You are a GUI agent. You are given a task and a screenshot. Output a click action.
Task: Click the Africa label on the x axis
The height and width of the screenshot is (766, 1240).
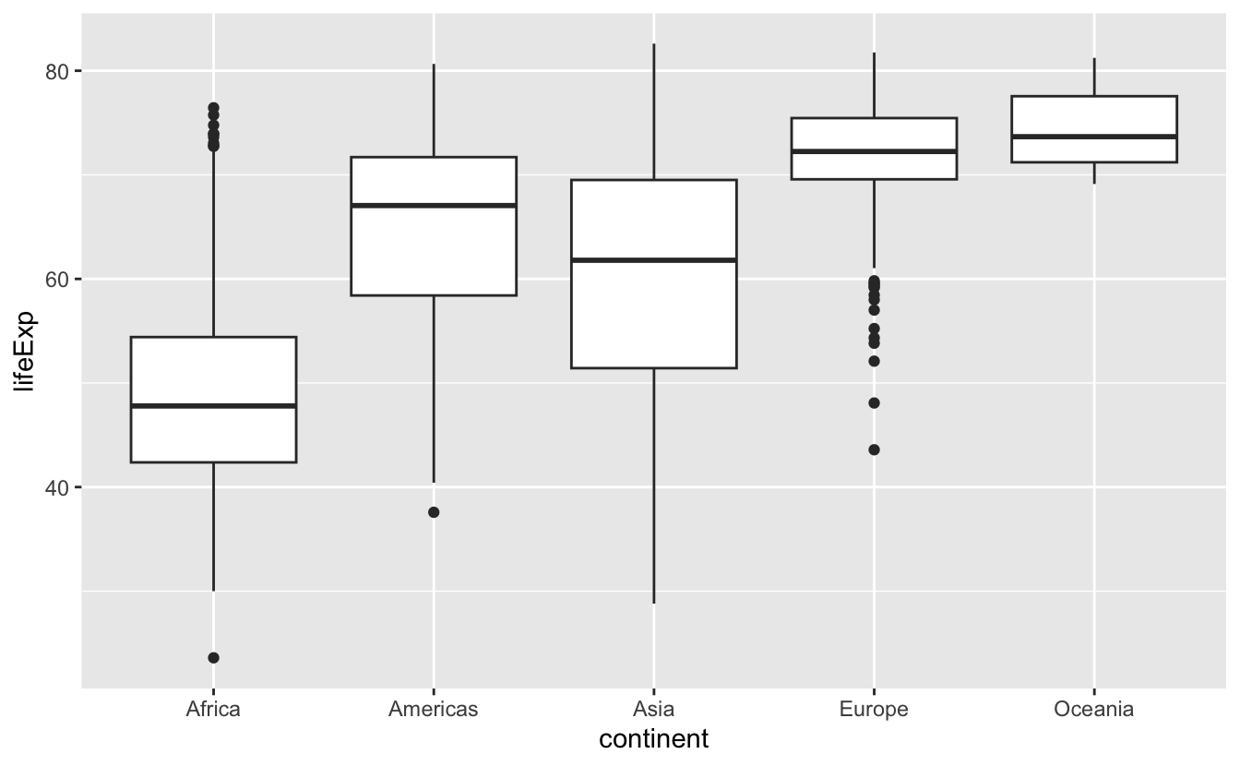pos(213,710)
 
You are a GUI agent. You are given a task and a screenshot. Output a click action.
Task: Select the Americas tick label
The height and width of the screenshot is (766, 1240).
pos(434,710)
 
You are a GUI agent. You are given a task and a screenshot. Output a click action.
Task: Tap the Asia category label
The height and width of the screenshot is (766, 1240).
pos(653,710)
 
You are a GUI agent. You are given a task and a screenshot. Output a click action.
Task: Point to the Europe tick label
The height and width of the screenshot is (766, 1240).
pos(874,710)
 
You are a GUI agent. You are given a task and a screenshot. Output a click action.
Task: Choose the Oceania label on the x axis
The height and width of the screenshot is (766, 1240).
pos(1093,710)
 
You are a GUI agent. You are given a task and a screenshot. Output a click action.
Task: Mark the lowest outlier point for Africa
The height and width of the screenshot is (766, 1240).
pos(213,658)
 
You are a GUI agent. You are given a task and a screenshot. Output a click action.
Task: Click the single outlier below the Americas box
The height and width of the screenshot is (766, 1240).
pos(434,512)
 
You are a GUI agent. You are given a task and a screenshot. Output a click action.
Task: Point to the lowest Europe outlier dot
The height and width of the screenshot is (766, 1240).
pos(874,449)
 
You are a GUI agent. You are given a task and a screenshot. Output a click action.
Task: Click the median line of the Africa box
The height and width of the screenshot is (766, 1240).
pos(213,405)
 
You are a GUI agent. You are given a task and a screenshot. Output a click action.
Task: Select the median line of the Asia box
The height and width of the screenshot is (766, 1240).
pos(653,260)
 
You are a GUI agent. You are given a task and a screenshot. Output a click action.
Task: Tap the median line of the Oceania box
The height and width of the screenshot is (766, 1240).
pos(1093,137)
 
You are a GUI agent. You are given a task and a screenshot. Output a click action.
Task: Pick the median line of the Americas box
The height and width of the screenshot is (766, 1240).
pos(434,205)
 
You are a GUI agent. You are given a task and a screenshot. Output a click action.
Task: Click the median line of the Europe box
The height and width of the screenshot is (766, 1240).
pos(874,151)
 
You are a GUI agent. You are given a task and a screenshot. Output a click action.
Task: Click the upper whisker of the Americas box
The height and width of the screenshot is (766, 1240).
pos(434,111)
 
